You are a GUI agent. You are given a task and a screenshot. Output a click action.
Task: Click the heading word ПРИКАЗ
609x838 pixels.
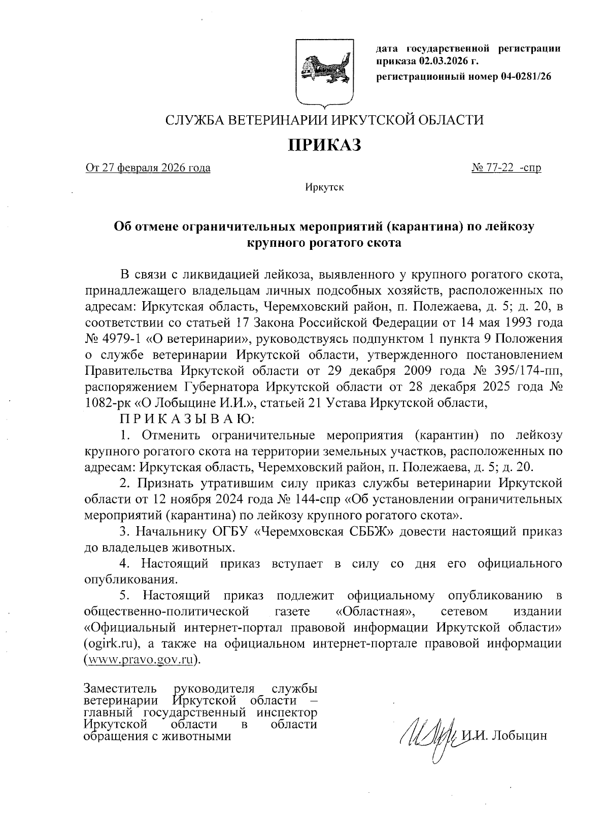tap(324, 145)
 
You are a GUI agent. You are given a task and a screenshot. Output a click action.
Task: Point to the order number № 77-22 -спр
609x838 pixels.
tap(506, 168)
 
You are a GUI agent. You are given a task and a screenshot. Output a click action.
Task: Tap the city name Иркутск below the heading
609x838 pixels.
tap(324, 187)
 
